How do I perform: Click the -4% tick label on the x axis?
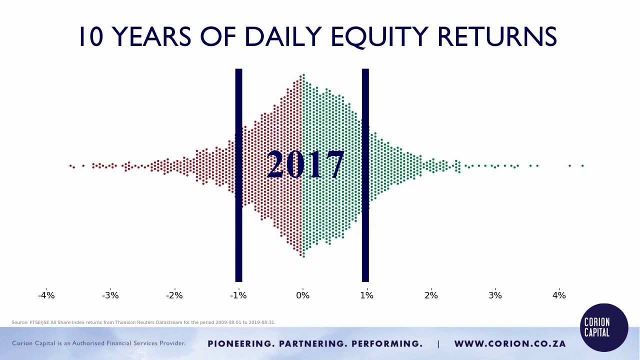pos(46,295)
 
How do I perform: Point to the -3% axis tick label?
pos(110,295)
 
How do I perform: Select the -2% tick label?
pos(174,295)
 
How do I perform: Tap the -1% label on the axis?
pos(238,295)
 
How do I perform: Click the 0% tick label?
pos(302,295)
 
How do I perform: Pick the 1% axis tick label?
pos(366,295)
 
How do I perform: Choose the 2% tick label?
pos(431,295)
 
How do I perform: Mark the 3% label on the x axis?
pos(495,295)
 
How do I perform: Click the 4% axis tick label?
pos(559,295)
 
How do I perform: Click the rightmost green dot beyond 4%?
pos(582,165)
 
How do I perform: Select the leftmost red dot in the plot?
pos(70,165)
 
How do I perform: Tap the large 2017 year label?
pos(305,165)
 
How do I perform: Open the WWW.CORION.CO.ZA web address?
pos(509,344)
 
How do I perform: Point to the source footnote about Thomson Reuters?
pos(143,322)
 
